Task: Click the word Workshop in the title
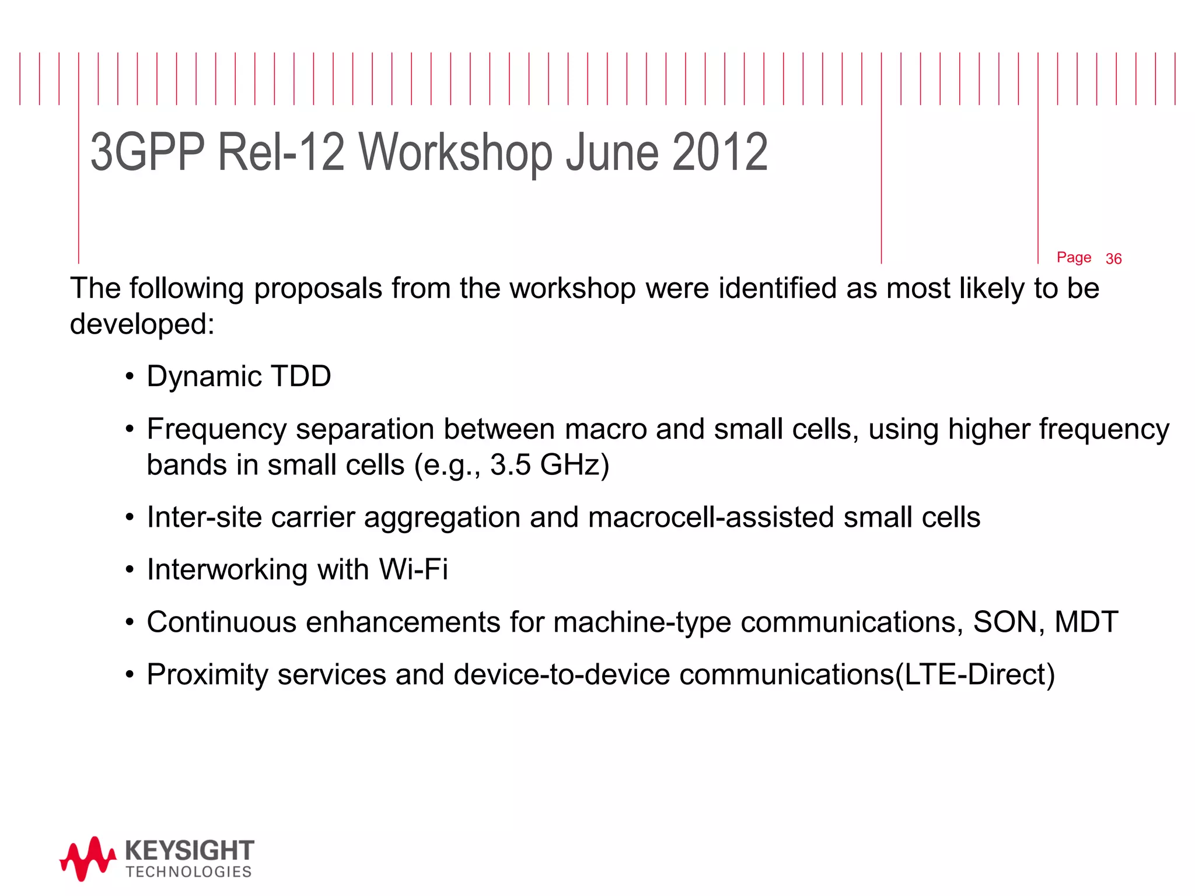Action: [x=455, y=152]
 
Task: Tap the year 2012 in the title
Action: [x=719, y=152]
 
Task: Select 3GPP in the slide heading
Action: [x=148, y=152]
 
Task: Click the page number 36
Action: [x=1113, y=259]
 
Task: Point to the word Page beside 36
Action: [x=1074, y=257]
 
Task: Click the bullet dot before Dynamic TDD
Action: [x=130, y=377]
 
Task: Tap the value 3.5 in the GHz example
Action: [x=511, y=465]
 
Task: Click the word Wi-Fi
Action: [x=413, y=569]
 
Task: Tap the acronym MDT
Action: [x=1086, y=622]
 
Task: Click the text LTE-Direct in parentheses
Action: [x=975, y=675]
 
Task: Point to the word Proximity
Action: [x=208, y=675]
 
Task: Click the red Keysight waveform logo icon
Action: [x=88, y=858]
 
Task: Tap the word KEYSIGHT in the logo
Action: [x=190, y=850]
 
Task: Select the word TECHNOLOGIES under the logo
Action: [x=188, y=872]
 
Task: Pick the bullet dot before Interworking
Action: [x=130, y=570]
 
